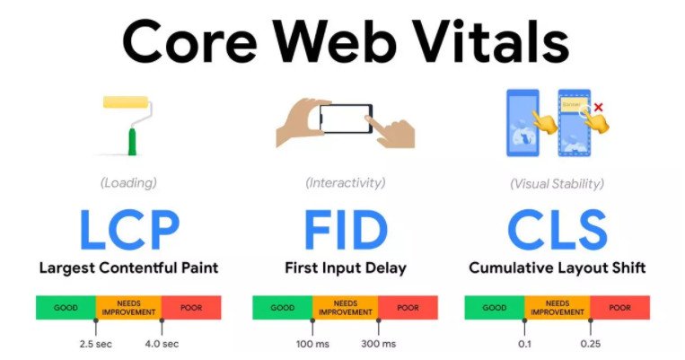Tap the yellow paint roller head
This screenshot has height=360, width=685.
(x=126, y=101)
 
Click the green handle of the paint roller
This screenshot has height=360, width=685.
(x=132, y=142)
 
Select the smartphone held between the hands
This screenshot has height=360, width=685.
(x=346, y=119)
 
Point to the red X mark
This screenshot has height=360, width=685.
(x=599, y=107)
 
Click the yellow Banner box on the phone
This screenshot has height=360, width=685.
(x=574, y=105)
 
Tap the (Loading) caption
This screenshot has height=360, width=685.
(x=128, y=182)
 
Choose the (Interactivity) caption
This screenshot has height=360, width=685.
(x=346, y=182)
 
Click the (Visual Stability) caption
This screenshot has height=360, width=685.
(x=557, y=183)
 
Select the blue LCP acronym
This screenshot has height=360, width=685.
(x=129, y=229)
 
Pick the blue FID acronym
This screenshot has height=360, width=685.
(x=346, y=229)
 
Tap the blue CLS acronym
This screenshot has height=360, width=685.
(x=558, y=229)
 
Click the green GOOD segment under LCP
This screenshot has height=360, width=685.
(x=66, y=308)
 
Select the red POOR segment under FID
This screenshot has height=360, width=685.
(x=408, y=308)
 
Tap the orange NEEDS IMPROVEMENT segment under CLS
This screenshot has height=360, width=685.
(x=558, y=308)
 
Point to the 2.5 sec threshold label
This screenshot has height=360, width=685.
(x=96, y=344)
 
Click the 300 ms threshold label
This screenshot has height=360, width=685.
(x=378, y=344)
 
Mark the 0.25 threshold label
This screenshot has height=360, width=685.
(x=590, y=344)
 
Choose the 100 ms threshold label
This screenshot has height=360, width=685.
(x=312, y=344)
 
